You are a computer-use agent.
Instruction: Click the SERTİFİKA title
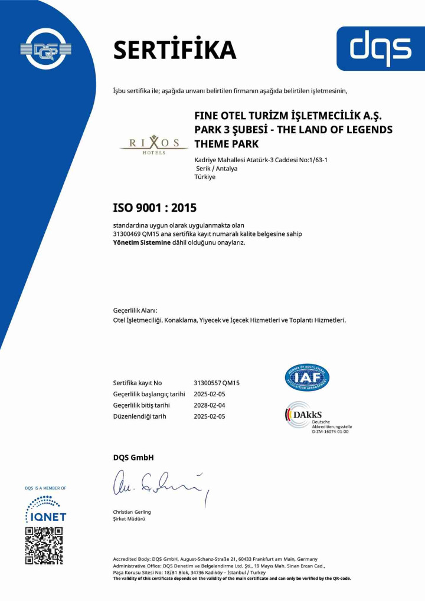tap(174, 50)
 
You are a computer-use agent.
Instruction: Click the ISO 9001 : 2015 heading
tap(155, 208)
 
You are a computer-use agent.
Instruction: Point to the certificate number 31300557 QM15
tap(217, 383)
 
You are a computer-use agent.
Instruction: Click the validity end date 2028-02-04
tap(210, 405)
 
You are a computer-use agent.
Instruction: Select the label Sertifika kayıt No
tap(138, 383)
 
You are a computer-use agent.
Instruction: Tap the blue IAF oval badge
tap(307, 377)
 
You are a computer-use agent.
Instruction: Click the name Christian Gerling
tap(132, 512)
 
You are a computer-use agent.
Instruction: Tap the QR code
tap(44, 546)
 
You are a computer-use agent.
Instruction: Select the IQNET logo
tap(45, 510)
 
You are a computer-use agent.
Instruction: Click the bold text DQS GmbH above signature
tap(133, 458)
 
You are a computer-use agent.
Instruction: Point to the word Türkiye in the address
tap(205, 177)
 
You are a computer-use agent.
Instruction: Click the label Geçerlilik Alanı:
tap(135, 310)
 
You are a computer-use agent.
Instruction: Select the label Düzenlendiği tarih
tap(139, 416)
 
